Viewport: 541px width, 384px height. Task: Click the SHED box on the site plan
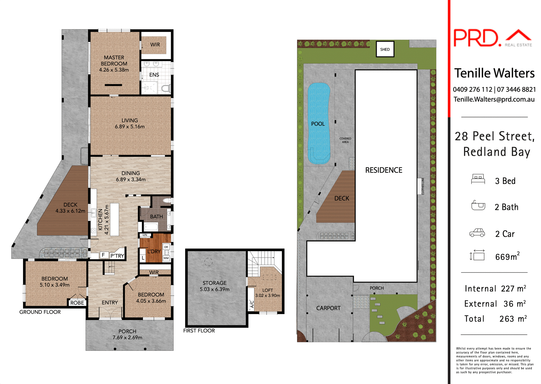[x=385, y=49]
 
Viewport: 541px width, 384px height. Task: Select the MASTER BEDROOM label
[x=114, y=61]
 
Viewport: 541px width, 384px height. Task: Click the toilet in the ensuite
[x=166, y=89]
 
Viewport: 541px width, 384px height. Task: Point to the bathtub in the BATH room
[x=151, y=227]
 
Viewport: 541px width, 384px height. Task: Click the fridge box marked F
[x=103, y=255]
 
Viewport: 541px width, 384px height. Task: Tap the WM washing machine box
[x=166, y=258]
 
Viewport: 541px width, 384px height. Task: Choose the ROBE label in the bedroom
[x=77, y=303]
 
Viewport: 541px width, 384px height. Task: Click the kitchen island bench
[x=114, y=219]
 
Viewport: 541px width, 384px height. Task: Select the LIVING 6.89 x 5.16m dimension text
[x=130, y=127]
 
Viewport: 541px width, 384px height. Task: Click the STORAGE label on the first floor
[x=214, y=283]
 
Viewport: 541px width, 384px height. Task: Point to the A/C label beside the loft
[x=252, y=304]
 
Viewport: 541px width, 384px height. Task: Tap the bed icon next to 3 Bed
[x=478, y=179]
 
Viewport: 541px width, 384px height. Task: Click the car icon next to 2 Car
[x=477, y=233]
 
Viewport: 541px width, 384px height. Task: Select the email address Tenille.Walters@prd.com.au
[x=494, y=99]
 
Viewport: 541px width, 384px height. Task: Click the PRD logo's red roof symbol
[x=518, y=35]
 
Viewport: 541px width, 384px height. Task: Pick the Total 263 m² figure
[x=513, y=319]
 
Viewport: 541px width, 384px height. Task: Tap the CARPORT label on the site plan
[x=328, y=308]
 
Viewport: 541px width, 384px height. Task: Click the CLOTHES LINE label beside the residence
[x=423, y=186]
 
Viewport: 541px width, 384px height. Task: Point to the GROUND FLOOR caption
[x=40, y=312]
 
